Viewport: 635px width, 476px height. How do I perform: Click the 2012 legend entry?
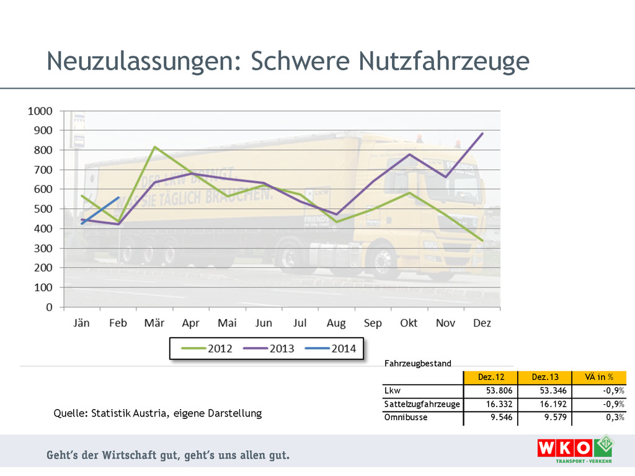coord(207,348)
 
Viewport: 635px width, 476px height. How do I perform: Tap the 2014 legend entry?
coord(331,348)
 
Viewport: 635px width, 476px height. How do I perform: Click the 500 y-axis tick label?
coord(42,209)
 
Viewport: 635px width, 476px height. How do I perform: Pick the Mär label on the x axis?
coord(154,323)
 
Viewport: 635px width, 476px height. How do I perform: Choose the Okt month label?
coord(409,323)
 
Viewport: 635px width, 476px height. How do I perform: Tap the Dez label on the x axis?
coord(482,323)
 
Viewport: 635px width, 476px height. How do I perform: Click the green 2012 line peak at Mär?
coord(154,147)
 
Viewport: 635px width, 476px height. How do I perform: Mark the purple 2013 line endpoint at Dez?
coord(482,133)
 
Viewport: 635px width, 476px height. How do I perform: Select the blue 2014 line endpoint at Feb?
coord(118,198)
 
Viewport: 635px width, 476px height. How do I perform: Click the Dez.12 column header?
coord(491,377)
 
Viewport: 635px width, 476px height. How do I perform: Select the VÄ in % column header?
coord(598,377)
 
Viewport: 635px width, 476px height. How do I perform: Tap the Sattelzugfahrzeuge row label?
coord(422,404)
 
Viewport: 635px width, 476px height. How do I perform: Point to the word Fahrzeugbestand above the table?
coord(418,363)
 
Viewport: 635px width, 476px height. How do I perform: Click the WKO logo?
coord(567,448)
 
